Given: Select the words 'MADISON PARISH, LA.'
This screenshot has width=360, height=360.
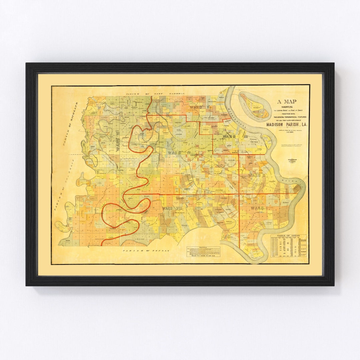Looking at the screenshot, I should (x=287, y=125).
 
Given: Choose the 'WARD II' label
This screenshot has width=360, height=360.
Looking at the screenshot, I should (x=257, y=174).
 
